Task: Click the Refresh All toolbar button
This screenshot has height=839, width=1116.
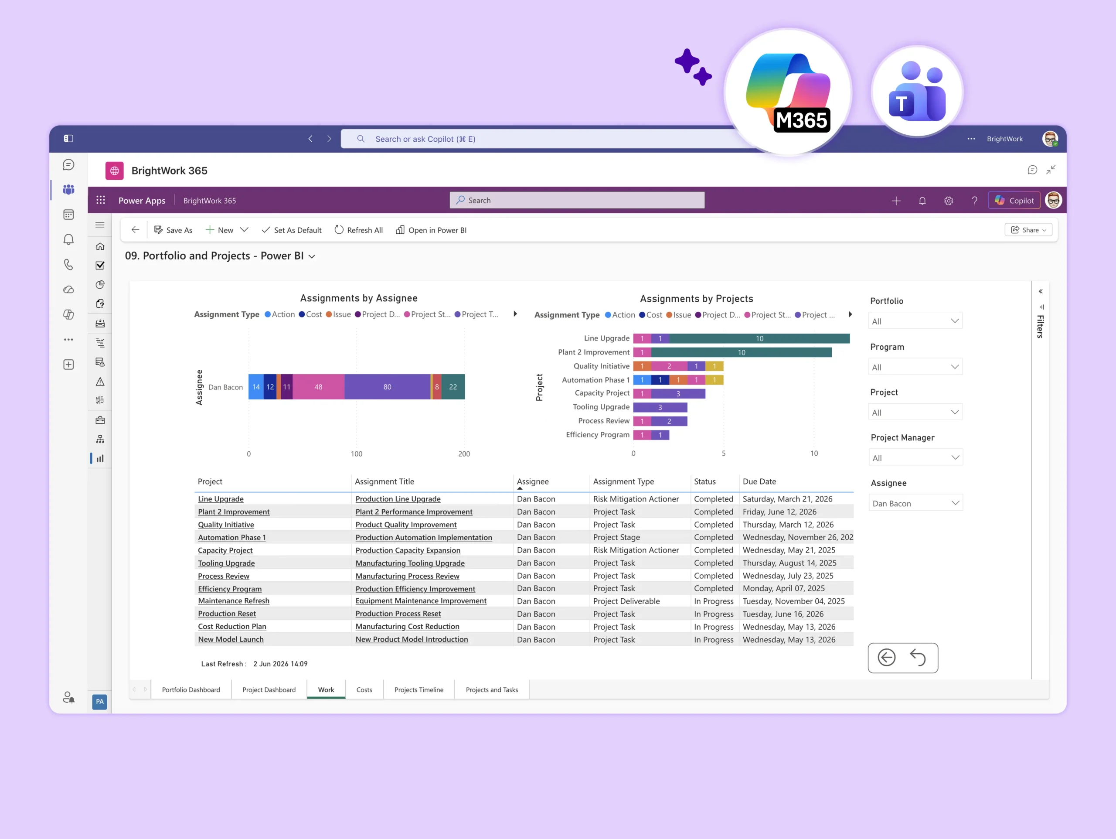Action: coord(358,230)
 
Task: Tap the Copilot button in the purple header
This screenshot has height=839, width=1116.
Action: coord(1014,201)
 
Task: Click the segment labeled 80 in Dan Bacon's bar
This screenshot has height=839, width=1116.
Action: coord(387,387)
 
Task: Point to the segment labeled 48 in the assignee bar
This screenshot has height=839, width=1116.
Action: coord(318,387)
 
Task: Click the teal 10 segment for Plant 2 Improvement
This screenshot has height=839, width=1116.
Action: coord(741,352)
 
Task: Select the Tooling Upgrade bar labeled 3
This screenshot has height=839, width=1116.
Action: coord(660,407)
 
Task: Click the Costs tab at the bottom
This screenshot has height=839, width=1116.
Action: coord(364,689)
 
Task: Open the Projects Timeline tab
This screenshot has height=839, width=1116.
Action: coord(419,689)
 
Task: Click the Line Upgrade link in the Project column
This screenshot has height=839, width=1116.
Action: coord(221,499)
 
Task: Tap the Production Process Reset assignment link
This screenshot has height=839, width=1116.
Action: coord(398,614)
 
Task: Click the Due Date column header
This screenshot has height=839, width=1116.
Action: coord(759,481)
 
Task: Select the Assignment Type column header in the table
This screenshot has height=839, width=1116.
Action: coord(623,481)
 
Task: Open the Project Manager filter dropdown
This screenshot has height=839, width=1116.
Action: coord(915,458)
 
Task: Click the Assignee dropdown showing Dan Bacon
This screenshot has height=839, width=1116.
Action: coord(915,503)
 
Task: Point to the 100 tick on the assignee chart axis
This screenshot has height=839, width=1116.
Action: coord(356,454)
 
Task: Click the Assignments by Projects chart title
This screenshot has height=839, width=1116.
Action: coord(696,299)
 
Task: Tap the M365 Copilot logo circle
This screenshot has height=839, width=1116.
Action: coord(788,92)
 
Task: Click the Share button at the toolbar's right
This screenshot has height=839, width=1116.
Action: coord(1028,230)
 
